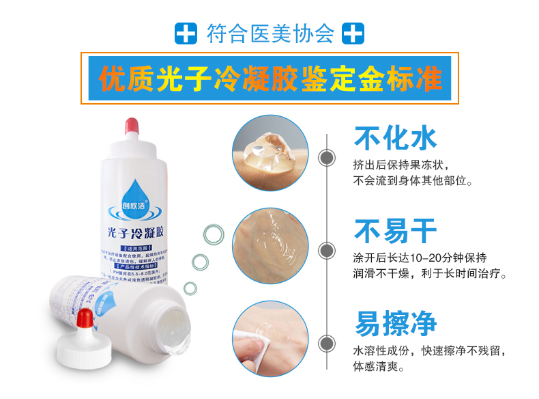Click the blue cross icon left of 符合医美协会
(x=186, y=33)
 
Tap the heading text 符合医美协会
(x=270, y=33)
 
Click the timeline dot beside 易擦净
(x=327, y=340)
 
